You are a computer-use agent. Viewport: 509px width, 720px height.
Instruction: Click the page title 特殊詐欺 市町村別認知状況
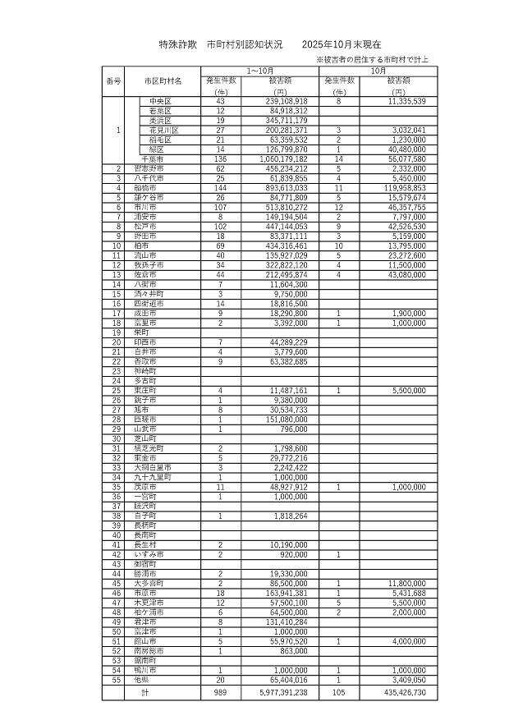(219, 44)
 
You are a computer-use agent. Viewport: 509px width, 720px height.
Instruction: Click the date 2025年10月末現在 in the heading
(341, 44)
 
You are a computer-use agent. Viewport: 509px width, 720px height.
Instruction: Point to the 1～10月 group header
(260, 71)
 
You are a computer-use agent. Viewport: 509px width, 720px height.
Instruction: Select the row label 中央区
(158, 101)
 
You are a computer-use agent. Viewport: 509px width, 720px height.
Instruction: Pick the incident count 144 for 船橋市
(220, 188)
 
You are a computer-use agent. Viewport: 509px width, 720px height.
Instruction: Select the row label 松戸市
(149, 226)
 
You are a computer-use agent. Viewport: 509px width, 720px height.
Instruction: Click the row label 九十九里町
(153, 476)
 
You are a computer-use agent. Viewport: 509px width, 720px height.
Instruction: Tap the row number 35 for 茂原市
(118, 486)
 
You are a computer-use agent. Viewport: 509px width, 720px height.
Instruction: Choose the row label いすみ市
(149, 554)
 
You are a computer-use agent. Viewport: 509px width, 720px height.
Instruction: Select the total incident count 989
(220, 693)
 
